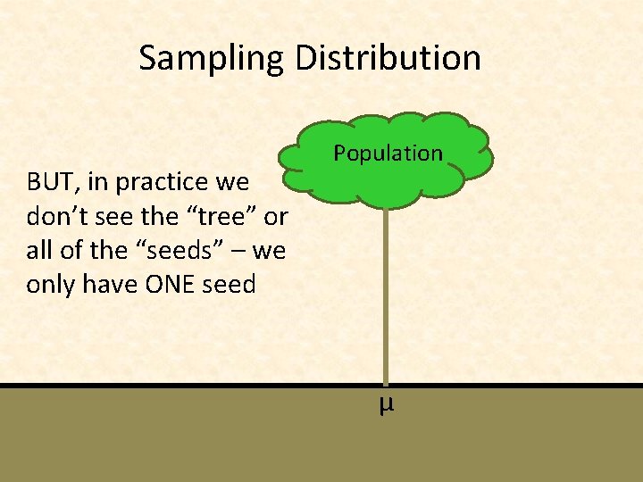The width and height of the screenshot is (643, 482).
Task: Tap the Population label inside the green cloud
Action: [388, 154]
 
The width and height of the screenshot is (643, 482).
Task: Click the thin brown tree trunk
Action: [386, 295]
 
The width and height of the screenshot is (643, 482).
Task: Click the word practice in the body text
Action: [158, 183]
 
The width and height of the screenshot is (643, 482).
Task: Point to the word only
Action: [52, 285]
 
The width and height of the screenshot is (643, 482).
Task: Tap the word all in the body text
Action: [39, 251]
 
